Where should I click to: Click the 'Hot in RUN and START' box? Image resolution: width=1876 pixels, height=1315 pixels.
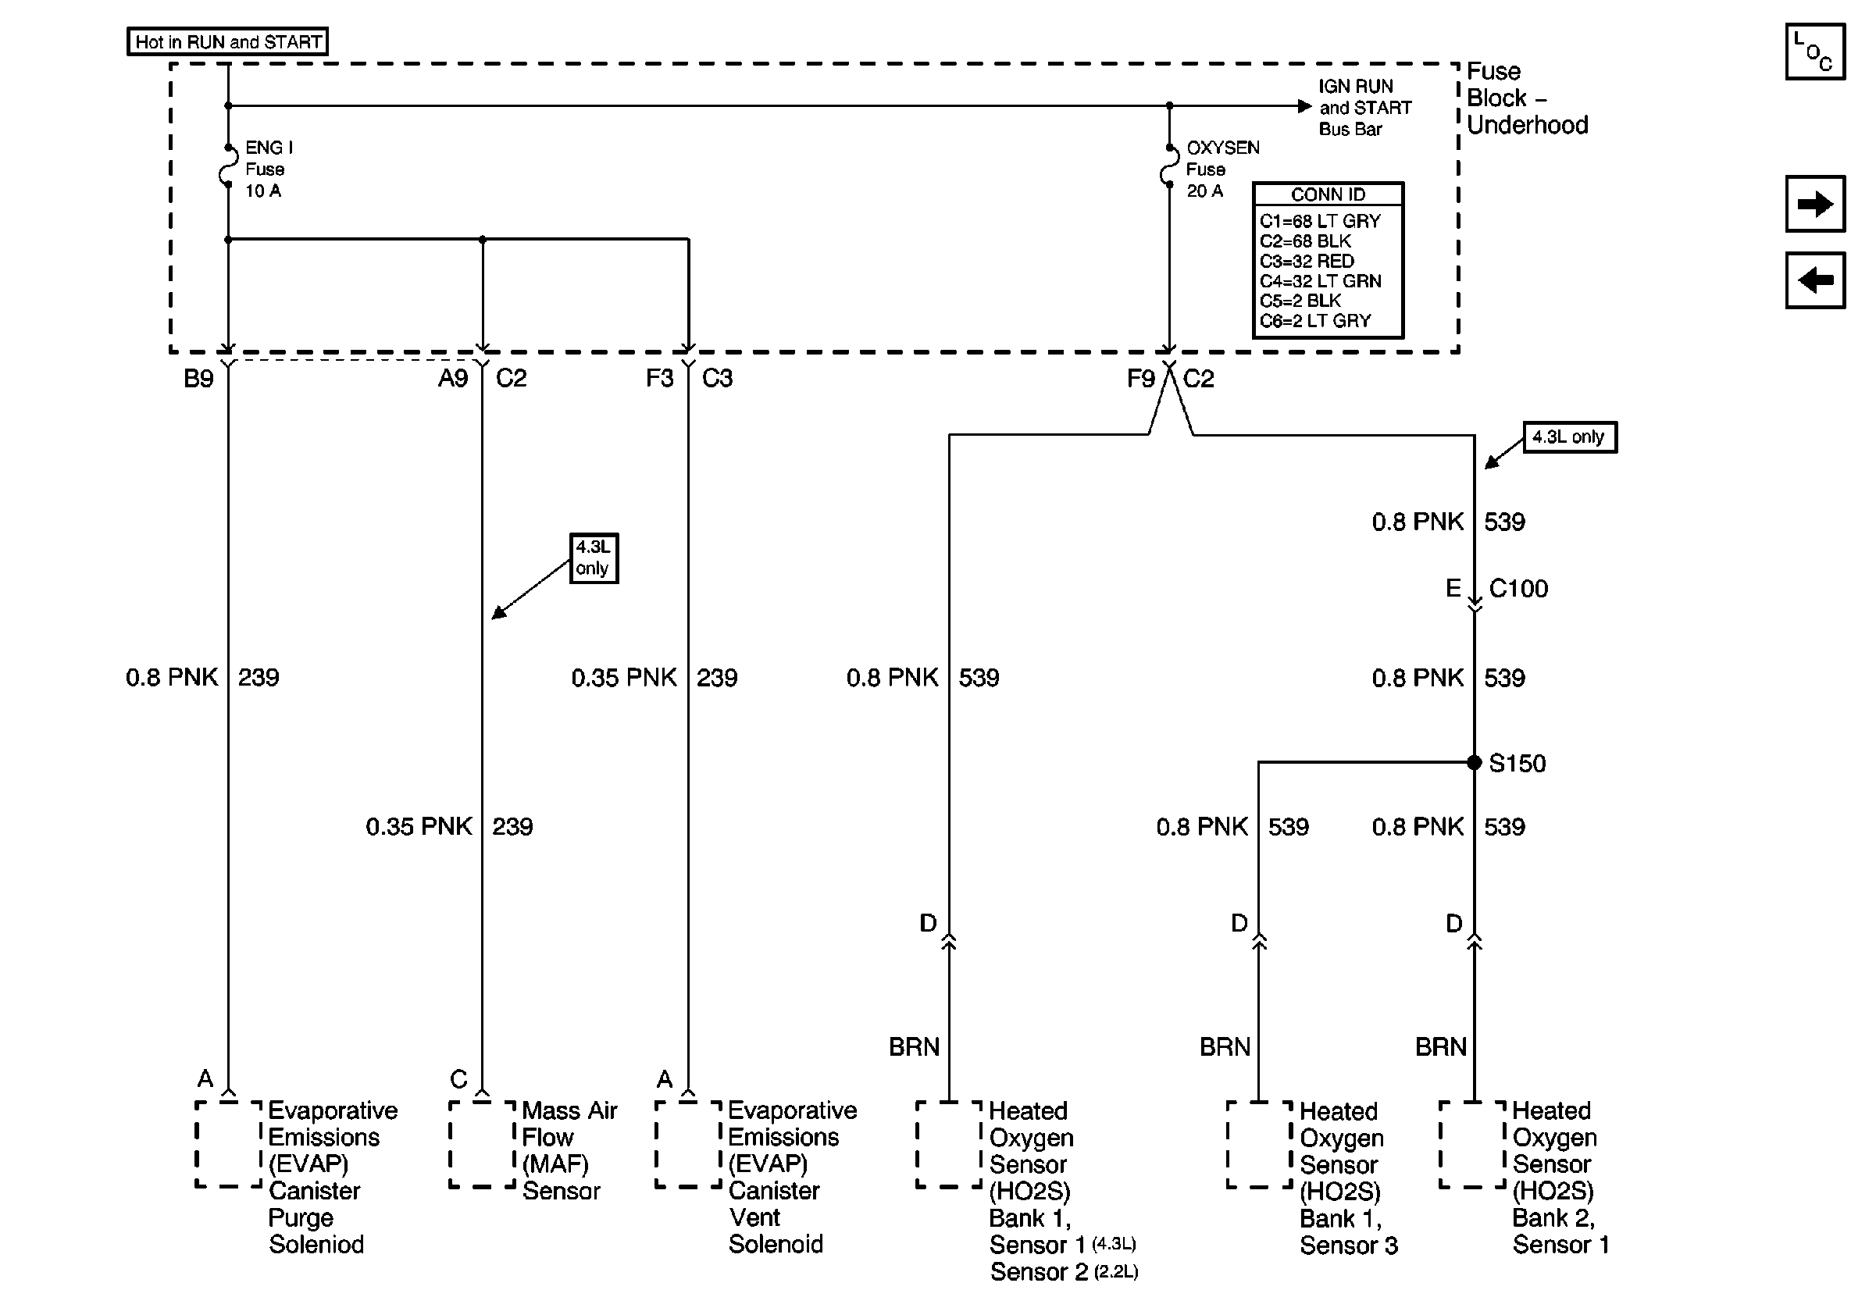coord(227,41)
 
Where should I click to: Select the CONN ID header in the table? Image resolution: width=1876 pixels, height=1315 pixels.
coord(1328,194)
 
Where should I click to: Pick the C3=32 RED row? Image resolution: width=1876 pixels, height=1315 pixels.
coord(1307,262)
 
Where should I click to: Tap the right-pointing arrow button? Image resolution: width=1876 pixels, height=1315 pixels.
coord(1815,203)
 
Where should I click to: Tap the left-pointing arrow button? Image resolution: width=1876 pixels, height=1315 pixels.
coord(1815,280)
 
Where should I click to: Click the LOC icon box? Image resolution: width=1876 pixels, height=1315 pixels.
coord(1815,52)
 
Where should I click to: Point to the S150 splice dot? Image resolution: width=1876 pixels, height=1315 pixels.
coord(1474,762)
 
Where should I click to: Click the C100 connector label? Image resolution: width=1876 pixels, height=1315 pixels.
coord(1518,589)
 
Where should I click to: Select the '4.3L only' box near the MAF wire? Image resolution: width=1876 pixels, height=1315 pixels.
coord(594,558)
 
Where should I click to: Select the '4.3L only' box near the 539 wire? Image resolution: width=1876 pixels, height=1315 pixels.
coord(1569,437)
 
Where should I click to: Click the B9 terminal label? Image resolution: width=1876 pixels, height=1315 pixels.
coord(198,379)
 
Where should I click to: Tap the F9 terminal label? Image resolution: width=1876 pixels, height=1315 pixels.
coord(1140,379)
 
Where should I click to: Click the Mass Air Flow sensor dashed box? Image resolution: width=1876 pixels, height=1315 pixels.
coord(482,1143)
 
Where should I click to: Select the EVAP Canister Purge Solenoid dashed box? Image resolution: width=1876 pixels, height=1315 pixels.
coord(229,1143)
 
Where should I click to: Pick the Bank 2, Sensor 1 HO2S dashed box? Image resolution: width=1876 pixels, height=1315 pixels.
coord(1472,1143)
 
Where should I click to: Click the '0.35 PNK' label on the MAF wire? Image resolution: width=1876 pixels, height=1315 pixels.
coord(419,827)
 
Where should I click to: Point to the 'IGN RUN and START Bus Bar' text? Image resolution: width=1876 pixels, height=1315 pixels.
coord(1364,108)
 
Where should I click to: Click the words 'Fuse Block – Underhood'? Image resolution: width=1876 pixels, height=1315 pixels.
coord(1526,98)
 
